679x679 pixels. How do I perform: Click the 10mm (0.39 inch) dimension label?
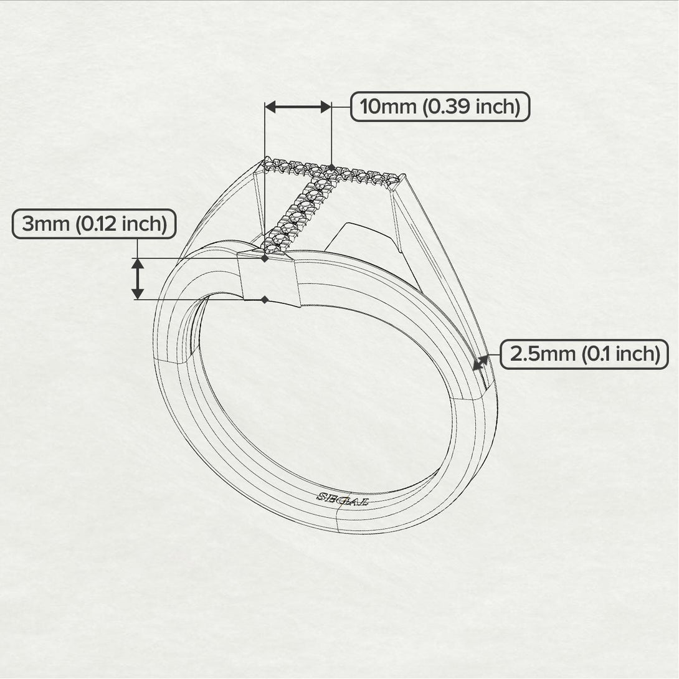[x=440, y=107]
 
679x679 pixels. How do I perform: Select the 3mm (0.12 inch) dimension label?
[x=94, y=224]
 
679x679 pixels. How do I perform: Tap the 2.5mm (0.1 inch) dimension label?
[x=584, y=354]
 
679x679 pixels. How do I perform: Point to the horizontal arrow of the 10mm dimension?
[x=298, y=107]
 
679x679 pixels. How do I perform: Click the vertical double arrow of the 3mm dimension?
[x=138, y=278]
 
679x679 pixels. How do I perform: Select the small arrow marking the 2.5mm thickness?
[x=482, y=361]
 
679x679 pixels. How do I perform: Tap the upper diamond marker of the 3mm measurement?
[x=265, y=258]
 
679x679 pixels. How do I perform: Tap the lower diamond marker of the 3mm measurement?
[x=265, y=300]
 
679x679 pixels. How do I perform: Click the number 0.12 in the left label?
[x=102, y=224]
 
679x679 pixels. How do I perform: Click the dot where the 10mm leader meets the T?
[x=331, y=167]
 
